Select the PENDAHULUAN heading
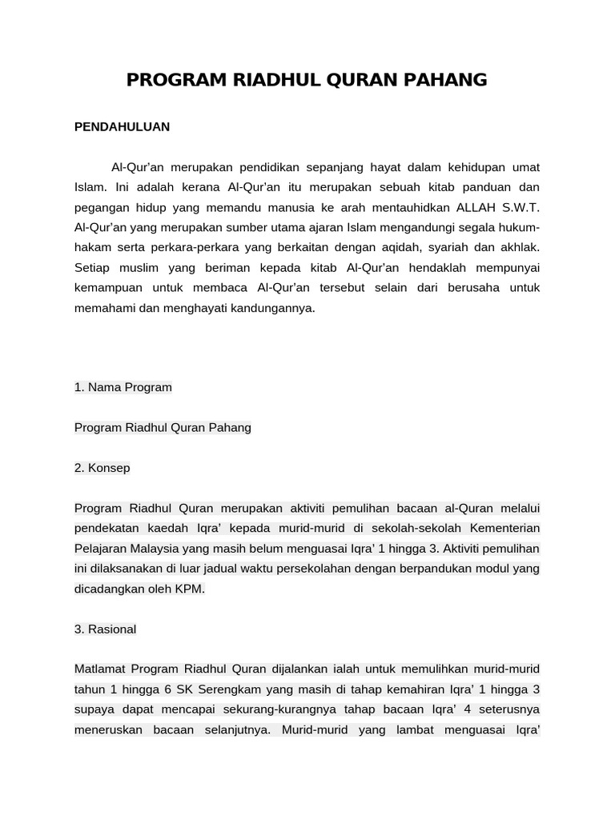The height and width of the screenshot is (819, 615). tap(122, 126)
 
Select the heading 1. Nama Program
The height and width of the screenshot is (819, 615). tap(123, 387)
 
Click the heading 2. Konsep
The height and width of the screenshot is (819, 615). tap(102, 468)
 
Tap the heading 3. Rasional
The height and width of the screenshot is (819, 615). tap(106, 629)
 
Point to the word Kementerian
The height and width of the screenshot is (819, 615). tap(504, 528)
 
